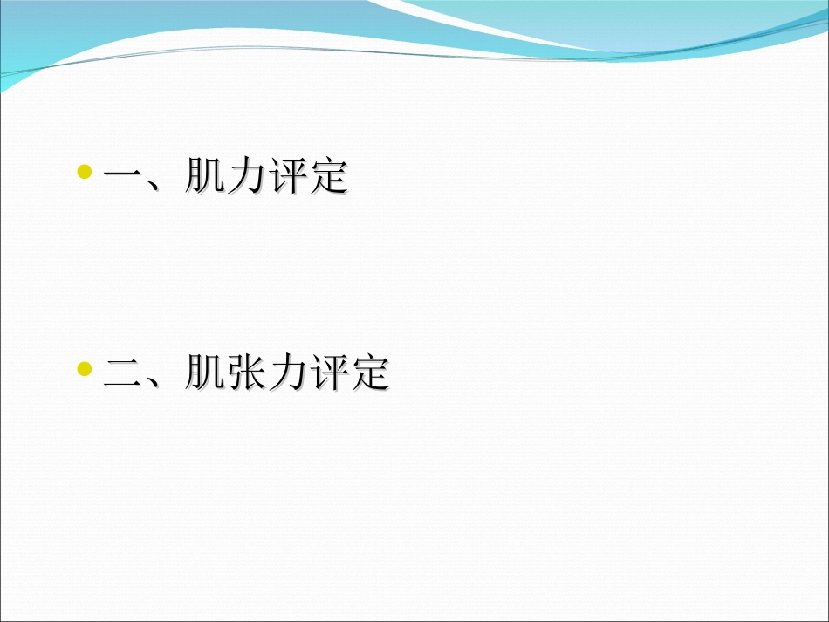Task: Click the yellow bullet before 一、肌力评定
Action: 85,172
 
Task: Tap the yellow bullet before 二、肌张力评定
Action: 85,369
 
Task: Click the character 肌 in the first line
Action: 205,177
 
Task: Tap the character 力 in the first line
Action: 246,177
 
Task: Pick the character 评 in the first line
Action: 287,177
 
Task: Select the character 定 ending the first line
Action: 328,177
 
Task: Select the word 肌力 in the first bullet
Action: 225,177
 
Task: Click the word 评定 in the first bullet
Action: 307,177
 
